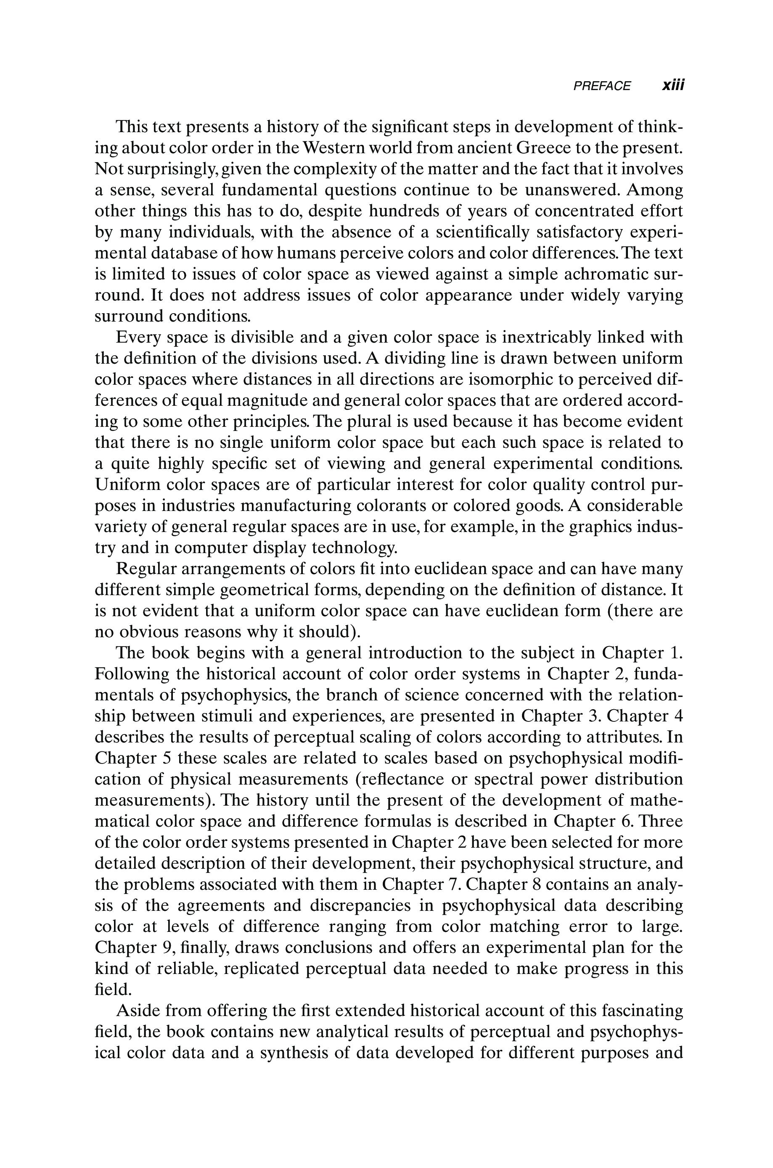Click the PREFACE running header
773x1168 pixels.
601,86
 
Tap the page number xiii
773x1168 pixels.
673,85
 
